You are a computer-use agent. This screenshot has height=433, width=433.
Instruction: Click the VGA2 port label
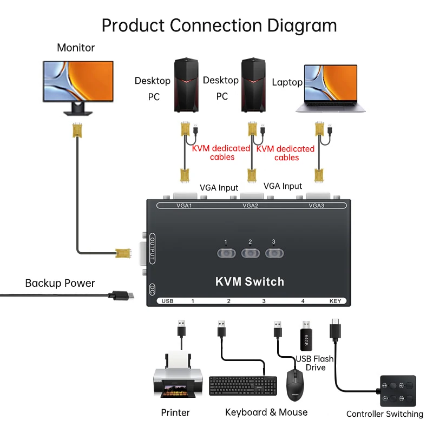250,206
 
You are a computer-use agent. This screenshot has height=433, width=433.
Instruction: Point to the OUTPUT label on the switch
152,250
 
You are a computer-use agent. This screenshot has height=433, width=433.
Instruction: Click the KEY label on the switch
336,301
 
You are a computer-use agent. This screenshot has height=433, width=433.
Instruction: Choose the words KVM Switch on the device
250,281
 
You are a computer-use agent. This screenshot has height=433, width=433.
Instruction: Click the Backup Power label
60,283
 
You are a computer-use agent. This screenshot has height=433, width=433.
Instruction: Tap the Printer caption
175,412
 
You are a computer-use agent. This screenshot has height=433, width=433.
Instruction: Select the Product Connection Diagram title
219,25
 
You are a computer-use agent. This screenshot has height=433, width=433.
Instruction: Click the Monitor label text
76,48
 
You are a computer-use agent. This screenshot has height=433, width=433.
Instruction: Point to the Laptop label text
287,82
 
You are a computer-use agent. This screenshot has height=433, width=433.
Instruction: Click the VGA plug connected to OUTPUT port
123,252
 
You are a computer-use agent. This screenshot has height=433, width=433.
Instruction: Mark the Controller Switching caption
385,414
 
